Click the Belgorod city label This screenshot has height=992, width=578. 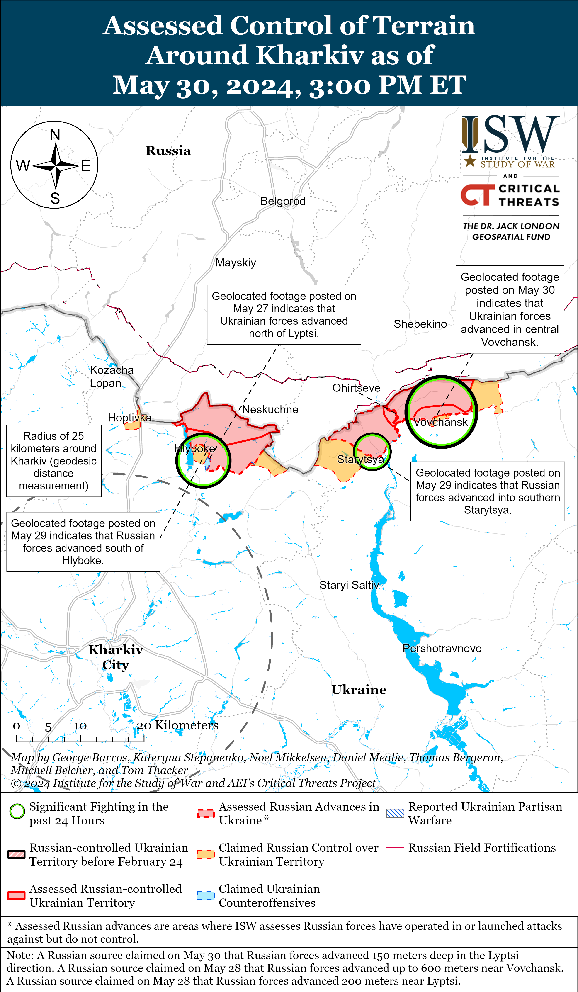tap(283, 201)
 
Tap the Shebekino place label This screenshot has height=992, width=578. tap(420, 324)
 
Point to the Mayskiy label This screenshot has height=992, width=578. tap(236, 263)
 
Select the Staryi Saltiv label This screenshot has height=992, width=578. tap(349, 585)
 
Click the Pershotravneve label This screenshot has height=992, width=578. tap(442, 648)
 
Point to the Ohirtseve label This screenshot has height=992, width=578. tap(356, 388)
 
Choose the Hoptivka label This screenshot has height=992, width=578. tap(129, 418)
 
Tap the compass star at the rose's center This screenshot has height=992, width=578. tap(56, 166)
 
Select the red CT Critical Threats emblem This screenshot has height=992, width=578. tap(477, 195)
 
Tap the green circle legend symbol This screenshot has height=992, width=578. tap(17, 811)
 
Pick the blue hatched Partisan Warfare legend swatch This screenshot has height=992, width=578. tap(395, 813)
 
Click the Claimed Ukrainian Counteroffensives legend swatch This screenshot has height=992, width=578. tap(206, 896)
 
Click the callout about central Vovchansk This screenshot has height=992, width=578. tap(510, 309)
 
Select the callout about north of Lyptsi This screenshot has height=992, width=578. tap(284, 314)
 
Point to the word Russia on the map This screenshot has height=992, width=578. tap(168, 151)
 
